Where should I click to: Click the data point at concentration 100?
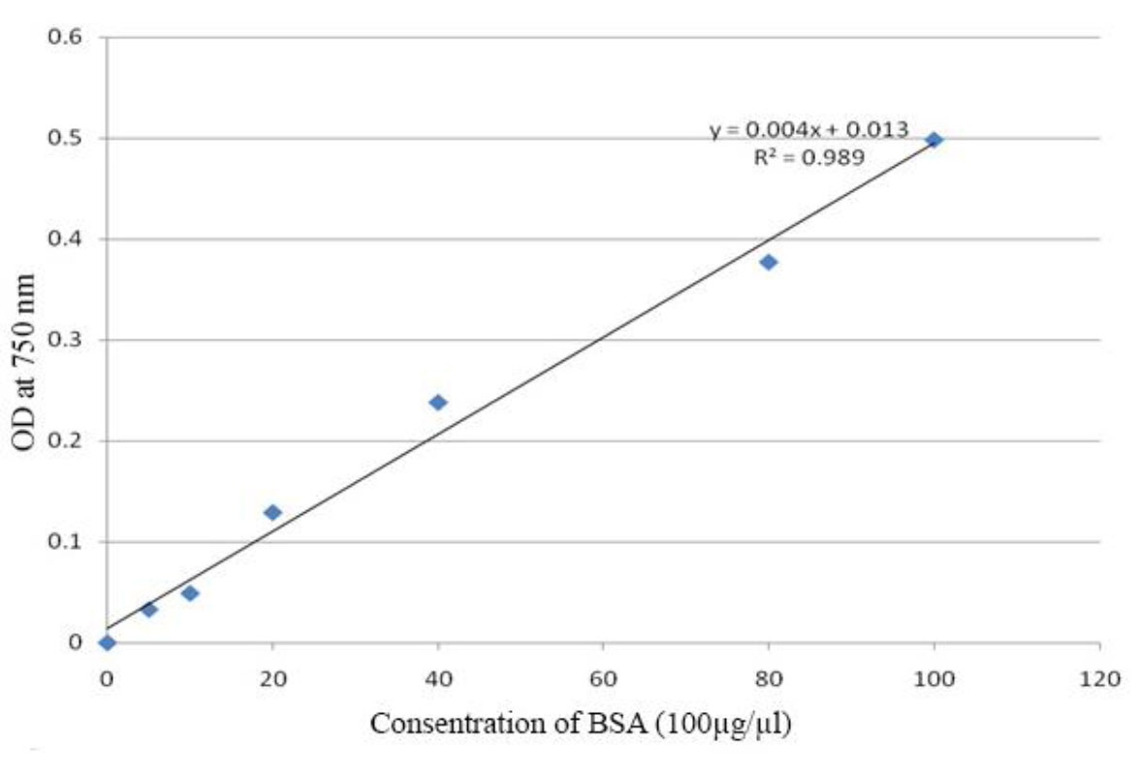coord(934,140)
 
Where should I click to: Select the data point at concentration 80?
coord(769,262)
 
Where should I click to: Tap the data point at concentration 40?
coord(438,403)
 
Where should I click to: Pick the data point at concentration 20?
coord(272,512)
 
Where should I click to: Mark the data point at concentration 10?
coord(190,593)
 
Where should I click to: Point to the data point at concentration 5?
coord(148,609)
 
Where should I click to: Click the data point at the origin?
coord(107,642)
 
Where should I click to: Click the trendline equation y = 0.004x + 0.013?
coord(809,130)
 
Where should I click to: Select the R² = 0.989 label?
coord(809,156)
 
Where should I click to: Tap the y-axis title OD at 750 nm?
coord(25,362)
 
